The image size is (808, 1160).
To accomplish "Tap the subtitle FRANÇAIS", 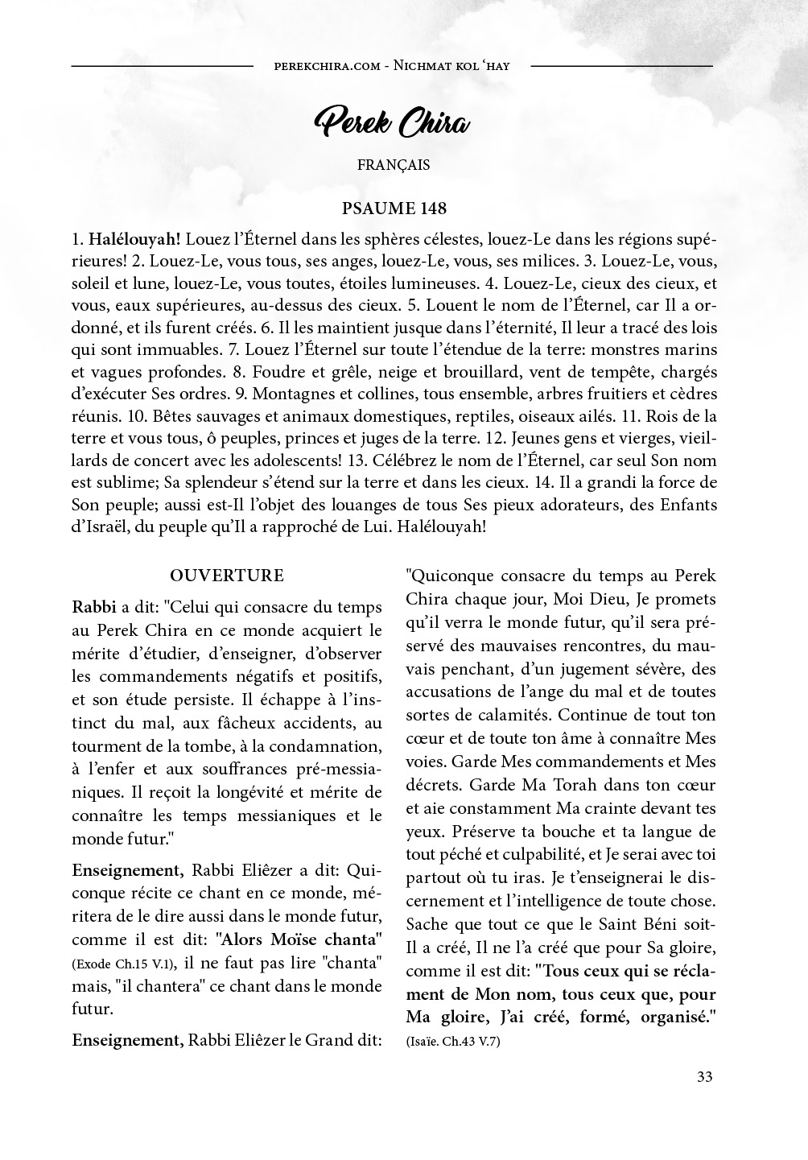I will coord(394,165).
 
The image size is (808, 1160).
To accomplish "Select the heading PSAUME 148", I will coord(394,208).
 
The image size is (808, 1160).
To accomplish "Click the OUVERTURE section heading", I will coord(227,576).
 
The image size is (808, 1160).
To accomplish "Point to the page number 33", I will coord(704,1077).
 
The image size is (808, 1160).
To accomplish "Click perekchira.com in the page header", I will coord(327,65).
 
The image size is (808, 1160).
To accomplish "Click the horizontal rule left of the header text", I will coord(163,65).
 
